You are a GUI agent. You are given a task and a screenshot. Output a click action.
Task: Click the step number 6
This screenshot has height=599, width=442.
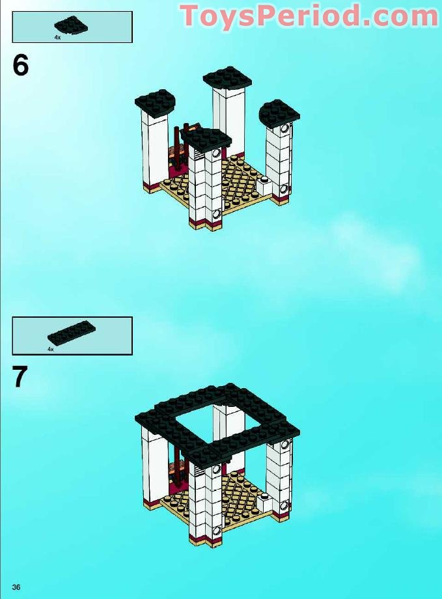pos(21,65)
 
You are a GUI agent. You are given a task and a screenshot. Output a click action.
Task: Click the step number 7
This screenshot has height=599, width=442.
pos(20,377)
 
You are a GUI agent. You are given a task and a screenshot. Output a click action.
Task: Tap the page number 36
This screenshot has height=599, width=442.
pos(16,587)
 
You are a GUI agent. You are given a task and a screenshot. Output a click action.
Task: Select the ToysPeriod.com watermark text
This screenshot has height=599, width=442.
pos(309,16)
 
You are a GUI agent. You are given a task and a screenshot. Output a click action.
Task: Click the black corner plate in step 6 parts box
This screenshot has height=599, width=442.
pos(71,25)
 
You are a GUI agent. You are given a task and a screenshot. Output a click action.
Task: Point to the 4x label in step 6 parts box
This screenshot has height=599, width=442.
pos(57,38)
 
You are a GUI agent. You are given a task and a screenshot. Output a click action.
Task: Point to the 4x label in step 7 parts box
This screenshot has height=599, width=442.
pos(51,349)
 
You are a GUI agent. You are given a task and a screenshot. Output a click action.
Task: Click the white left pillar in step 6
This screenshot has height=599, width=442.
pos(154,150)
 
